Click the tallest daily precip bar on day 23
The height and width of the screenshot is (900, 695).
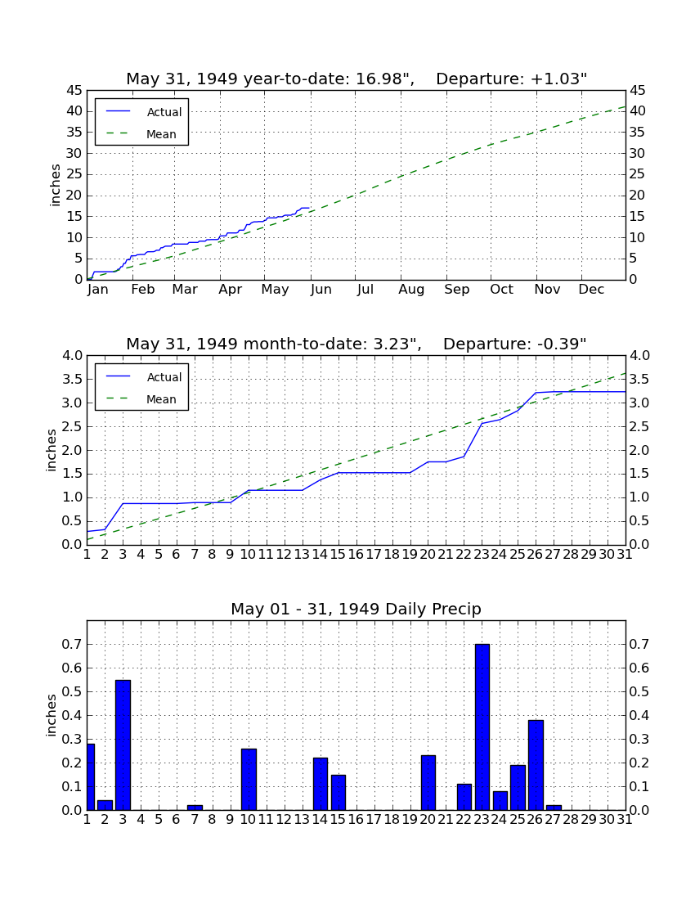[482, 727]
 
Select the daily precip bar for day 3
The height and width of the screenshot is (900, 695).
[123, 745]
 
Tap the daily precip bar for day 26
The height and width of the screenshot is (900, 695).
[536, 765]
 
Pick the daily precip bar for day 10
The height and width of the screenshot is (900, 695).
[249, 780]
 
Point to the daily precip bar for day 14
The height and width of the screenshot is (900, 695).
[320, 784]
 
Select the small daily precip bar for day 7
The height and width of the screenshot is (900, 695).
[195, 808]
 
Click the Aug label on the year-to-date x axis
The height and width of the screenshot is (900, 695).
[411, 290]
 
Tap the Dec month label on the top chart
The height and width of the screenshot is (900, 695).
[591, 290]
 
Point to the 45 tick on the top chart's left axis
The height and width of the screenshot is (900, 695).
[74, 90]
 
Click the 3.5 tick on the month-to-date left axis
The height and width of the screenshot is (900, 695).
[72, 379]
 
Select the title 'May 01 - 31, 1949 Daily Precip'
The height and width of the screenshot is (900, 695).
[356, 609]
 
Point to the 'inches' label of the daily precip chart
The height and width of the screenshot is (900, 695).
[51, 715]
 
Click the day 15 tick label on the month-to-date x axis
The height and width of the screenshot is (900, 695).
[338, 555]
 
